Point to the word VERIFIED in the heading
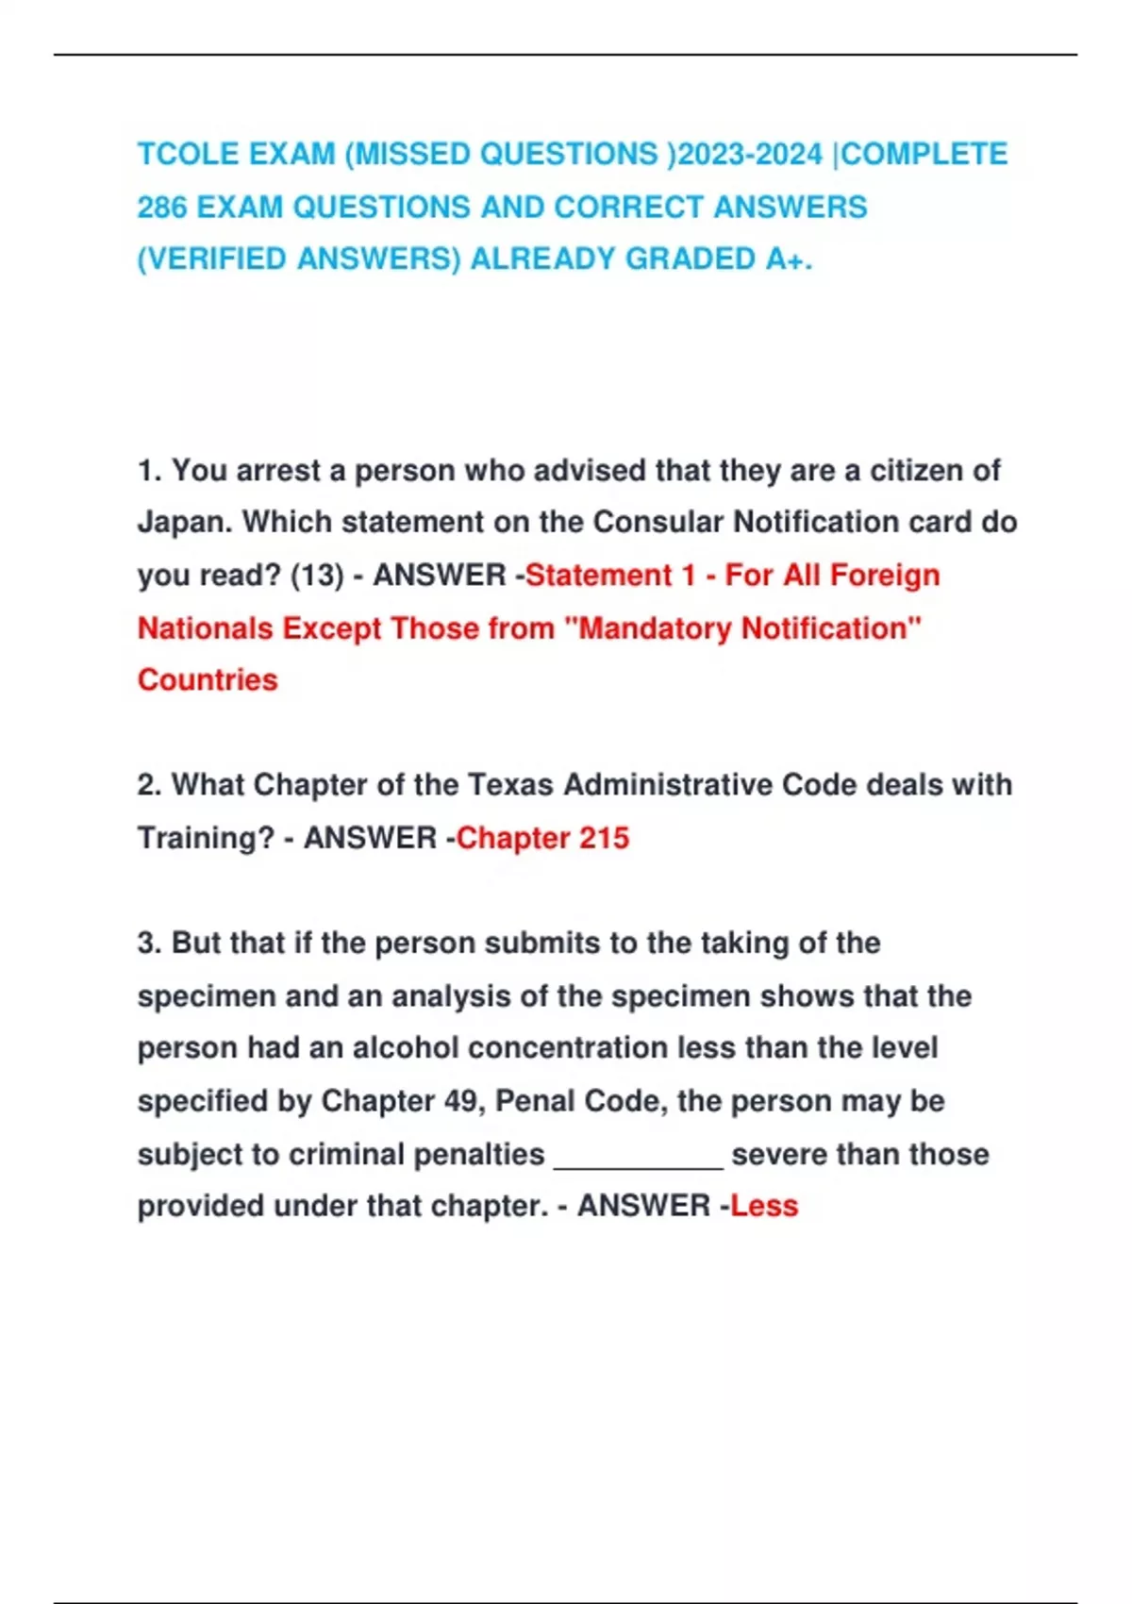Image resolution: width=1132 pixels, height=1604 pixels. click(x=214, y=259)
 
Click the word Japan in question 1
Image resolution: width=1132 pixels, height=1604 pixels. click(x=183, y=522)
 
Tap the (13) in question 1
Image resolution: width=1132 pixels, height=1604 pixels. click(x=317, y=575)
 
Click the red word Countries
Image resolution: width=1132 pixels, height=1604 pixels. click(x=208, y=679)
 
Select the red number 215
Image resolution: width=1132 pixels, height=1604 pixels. click(x=604, y=837)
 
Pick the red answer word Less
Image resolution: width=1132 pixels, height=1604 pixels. click(x=764, y=1206)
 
